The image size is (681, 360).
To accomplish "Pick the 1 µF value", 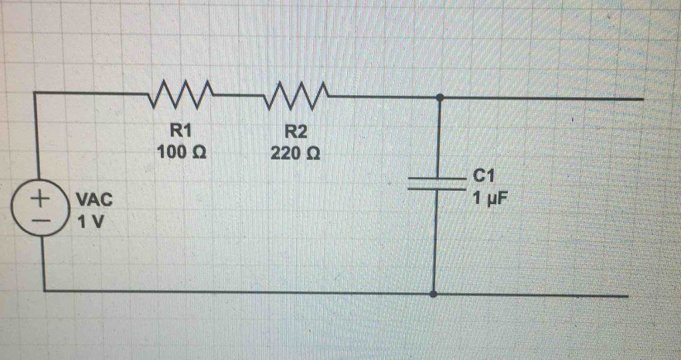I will (x=489, y=198).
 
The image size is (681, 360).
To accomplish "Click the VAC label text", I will (x=94, y=199).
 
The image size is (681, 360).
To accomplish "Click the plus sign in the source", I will (x=42, y=198).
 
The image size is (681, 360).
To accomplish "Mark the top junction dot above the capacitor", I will (x=439, y=98).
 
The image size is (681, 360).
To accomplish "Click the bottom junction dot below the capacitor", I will (x=434, y=293).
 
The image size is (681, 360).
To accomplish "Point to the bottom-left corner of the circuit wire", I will (x=44, y=291).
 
